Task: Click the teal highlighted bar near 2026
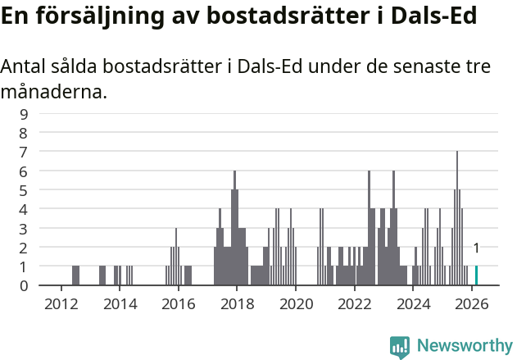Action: point(476,276)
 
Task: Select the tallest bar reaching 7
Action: point(457,218)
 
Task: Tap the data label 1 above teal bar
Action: point(476,248)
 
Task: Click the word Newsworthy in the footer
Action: point(464,346)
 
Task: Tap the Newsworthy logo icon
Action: point(400,346)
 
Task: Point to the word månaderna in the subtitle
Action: point(53,92)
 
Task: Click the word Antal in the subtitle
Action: point(25,67)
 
